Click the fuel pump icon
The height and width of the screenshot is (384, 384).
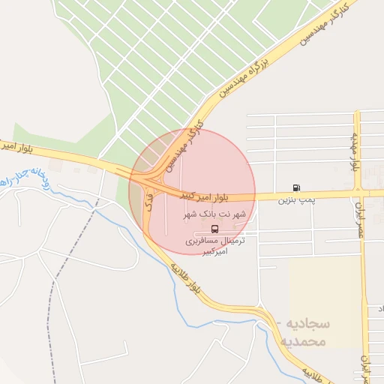[297, 187]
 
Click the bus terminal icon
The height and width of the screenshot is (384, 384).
[215, 227]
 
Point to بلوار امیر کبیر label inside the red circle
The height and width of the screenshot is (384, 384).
[205, 196]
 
